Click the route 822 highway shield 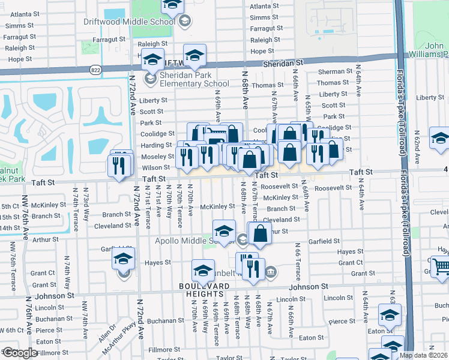pyautogui.click(x=95, y=70)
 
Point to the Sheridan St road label pyautogui.click(x=282, y=63)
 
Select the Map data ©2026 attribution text pyautogui.click(x=422, y=355)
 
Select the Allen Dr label pyautogui.click(x=108, y=332)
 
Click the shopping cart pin pyautogui.click(x=441, y=266)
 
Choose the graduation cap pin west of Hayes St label pyautogui.click(x=124, y=260)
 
